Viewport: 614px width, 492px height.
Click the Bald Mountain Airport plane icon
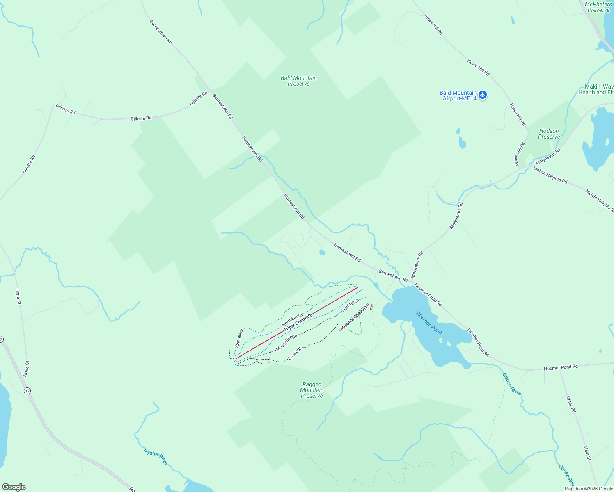tap(483, 96)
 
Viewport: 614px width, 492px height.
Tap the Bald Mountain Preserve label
tap(299, 81)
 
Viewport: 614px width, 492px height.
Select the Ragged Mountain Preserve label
tap(312, 390)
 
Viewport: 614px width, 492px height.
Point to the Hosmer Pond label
tap(429, 323)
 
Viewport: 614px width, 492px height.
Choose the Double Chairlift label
tap(354, 317)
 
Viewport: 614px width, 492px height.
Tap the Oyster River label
tap(156, 456)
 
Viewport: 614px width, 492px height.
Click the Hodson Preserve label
tap(549, 134)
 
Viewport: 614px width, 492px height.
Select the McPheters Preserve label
tap(598, 7)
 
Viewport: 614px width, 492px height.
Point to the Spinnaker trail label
tap(239, 338)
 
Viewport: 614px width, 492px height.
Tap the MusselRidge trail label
tap(286, 342)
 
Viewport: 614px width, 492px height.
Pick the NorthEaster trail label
tap(293, 320)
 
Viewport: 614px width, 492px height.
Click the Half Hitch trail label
tap(351, 305)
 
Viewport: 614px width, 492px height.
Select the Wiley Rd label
tap(571, 404)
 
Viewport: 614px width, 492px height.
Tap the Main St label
tap(587, 453)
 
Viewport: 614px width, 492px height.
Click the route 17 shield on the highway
tap(27, 391)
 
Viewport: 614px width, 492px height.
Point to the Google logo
tap(14, 487)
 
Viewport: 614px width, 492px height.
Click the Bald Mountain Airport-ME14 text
tap(458, 96)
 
